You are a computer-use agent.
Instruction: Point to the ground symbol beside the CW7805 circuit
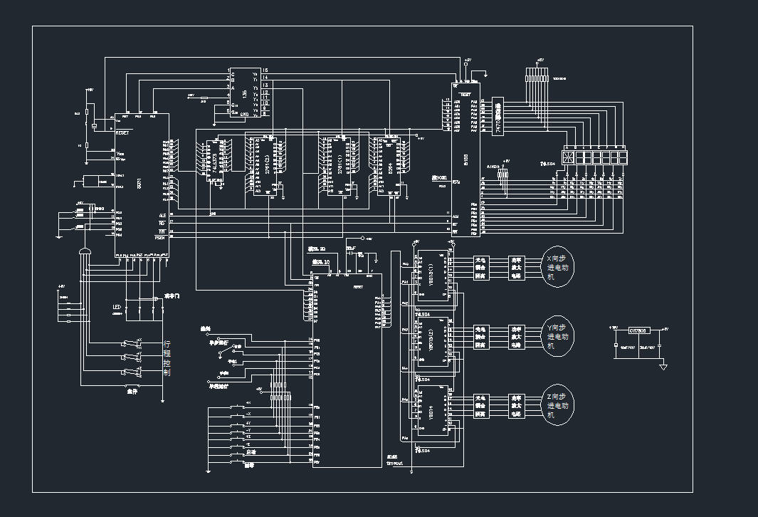pyautogui.click(x=663, y=366)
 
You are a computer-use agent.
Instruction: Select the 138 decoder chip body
pyautogui.click(x=246, y=93)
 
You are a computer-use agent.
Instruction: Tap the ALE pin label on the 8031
pyautogui.click(x=162, y=214)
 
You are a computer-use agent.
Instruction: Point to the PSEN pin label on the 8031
pyautogui.click(x=162, y=238)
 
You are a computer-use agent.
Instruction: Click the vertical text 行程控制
pyautogui.click(x=167, y=357)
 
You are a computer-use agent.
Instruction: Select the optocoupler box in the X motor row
pyautogui.click(x=481, y=268)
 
